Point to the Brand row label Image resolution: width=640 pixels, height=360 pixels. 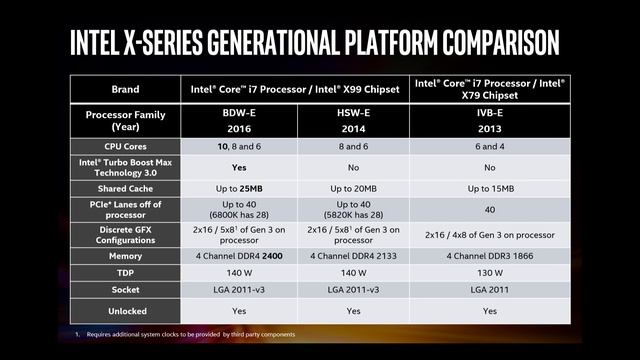point(124,89)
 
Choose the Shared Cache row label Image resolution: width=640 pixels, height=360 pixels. point(124,188)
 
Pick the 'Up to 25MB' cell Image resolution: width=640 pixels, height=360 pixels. point(239,188)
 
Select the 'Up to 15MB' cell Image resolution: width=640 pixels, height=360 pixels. point(489,188)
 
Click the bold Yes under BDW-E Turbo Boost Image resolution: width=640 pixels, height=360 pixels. point(239,168)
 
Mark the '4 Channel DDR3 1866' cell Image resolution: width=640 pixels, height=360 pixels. point(489,257)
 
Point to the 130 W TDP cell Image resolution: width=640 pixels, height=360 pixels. point(489,274)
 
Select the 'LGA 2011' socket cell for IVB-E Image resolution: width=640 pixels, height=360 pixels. point(489,291)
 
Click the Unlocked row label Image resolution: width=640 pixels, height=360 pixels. point(124,311)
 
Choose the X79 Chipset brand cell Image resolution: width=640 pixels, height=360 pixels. point(489,89)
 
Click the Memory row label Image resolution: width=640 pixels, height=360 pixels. point(124,257)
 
